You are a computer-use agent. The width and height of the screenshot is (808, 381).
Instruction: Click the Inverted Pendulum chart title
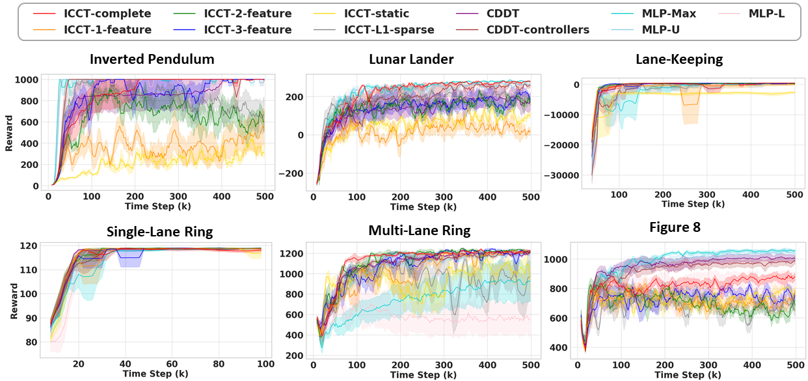(152, 59)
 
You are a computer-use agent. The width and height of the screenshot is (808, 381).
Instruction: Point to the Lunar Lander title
(411, 59)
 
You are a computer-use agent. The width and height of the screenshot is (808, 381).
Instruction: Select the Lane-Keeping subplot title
(679, 59)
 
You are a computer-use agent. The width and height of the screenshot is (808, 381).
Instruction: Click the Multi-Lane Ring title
(419, 231)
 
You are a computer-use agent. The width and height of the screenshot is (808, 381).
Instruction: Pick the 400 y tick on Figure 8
(559, 348)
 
